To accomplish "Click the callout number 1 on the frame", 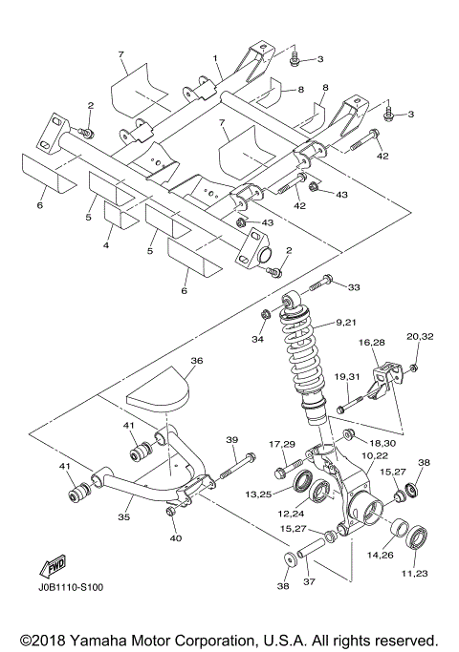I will (x=216, y=58).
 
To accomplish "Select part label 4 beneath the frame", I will (x=106, y=245).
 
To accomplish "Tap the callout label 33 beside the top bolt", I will (x=354, y=286).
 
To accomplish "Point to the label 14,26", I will (x=381, y=554).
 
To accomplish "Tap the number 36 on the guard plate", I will (x=197, y=362).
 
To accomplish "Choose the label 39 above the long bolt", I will (x=231, y=440).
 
